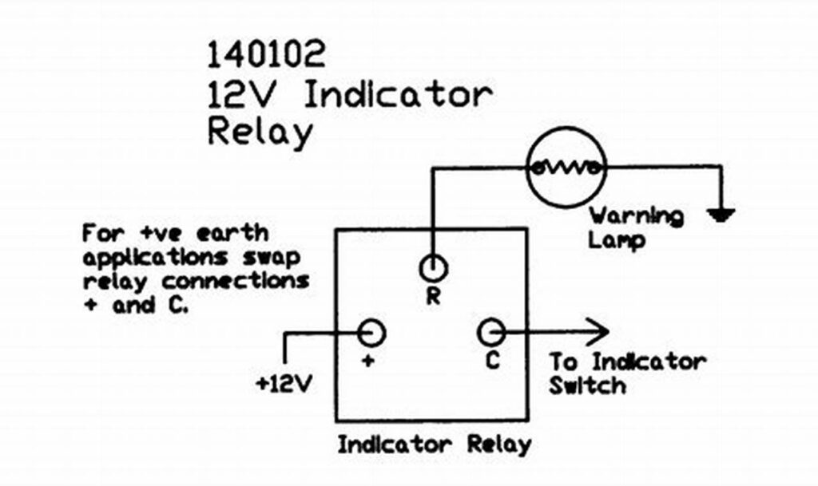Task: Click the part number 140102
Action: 266,55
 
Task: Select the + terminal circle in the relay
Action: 371,331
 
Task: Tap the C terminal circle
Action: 490,331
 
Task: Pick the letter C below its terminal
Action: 492,361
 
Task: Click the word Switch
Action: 587,386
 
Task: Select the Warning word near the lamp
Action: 637,215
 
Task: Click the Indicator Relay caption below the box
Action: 434,445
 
